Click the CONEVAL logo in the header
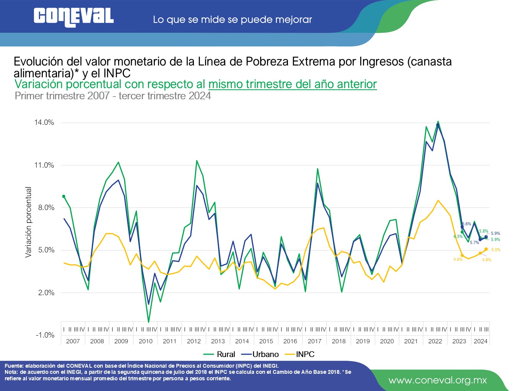coord(73,17)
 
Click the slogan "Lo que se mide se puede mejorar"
coord(232,19)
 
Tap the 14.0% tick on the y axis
coord(44,123)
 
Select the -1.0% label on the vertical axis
coord(45,335)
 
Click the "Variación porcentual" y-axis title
coord(28,222)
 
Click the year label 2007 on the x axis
coord(73,341)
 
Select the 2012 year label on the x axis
coord(194,341)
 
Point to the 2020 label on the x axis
coord(387,341)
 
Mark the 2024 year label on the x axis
coord(481,341)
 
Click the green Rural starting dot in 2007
coord(64,196)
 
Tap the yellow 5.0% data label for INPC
coord(496,250)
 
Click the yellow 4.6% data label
coord(458,260)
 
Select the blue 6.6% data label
coord(467,224)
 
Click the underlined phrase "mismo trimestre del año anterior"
coord(293,84)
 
